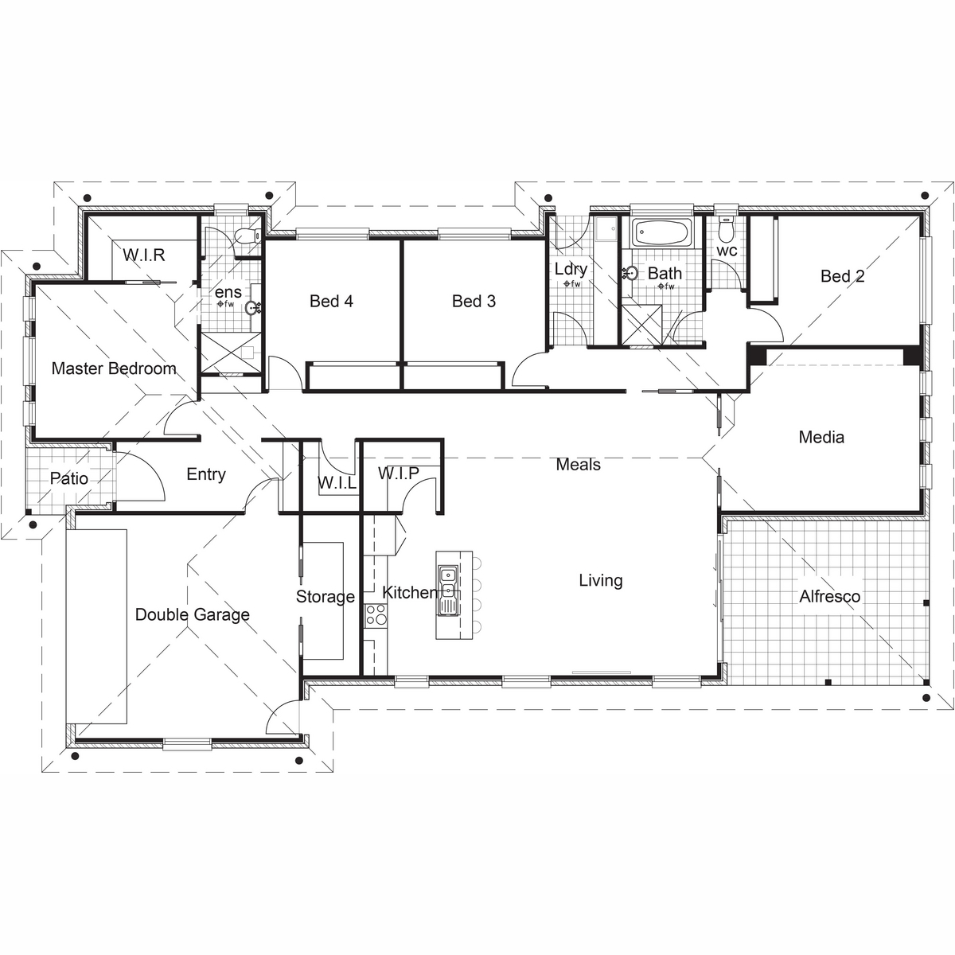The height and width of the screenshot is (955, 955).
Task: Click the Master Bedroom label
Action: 114,368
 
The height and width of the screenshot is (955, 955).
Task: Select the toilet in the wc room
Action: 726,228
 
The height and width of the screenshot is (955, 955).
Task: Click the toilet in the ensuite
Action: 248,236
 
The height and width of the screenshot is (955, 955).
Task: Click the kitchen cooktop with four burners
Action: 376,615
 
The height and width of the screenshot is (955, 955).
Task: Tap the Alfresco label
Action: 829,596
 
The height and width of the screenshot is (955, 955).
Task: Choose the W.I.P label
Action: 399,474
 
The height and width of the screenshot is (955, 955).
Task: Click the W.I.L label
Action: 337,483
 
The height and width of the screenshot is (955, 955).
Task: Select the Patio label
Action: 69,479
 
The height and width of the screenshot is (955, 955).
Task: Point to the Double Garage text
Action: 193,615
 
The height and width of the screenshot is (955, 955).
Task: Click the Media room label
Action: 821,437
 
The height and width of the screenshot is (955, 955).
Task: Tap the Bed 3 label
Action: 474,302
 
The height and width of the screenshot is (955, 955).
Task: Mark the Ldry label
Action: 571,269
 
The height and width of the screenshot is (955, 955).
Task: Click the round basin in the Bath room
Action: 631,273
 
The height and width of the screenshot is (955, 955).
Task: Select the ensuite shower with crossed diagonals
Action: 231,353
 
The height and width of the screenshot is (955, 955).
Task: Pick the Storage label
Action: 325,597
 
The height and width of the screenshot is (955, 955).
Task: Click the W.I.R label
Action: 144,255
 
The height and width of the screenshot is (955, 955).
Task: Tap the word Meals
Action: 578,465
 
